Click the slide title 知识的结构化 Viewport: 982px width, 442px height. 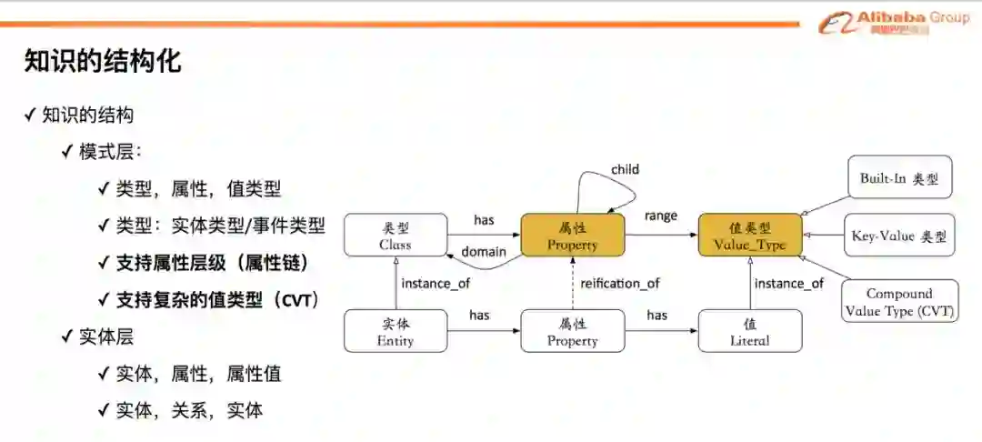point(103,62)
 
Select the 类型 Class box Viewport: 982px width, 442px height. point(396,235)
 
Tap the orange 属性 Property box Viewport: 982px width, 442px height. point(573,235)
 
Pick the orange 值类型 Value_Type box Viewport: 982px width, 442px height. point(750,235)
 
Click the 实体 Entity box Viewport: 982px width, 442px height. point(396,331)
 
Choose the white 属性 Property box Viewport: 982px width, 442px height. point(573,331)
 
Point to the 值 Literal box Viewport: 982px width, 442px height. point(750,331)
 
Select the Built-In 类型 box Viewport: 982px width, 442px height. point(899,177)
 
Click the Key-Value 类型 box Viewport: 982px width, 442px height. point(899,236)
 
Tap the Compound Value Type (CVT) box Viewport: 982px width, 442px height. point(899,302)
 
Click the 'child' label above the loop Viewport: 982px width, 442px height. point(625,169)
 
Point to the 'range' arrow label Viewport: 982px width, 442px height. point(661,216)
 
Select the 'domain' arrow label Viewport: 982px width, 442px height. point(483,251)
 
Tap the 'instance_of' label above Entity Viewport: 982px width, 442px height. point(436,283)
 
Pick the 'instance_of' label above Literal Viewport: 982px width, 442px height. point(789,283)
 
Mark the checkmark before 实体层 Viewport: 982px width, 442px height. point(67,337)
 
